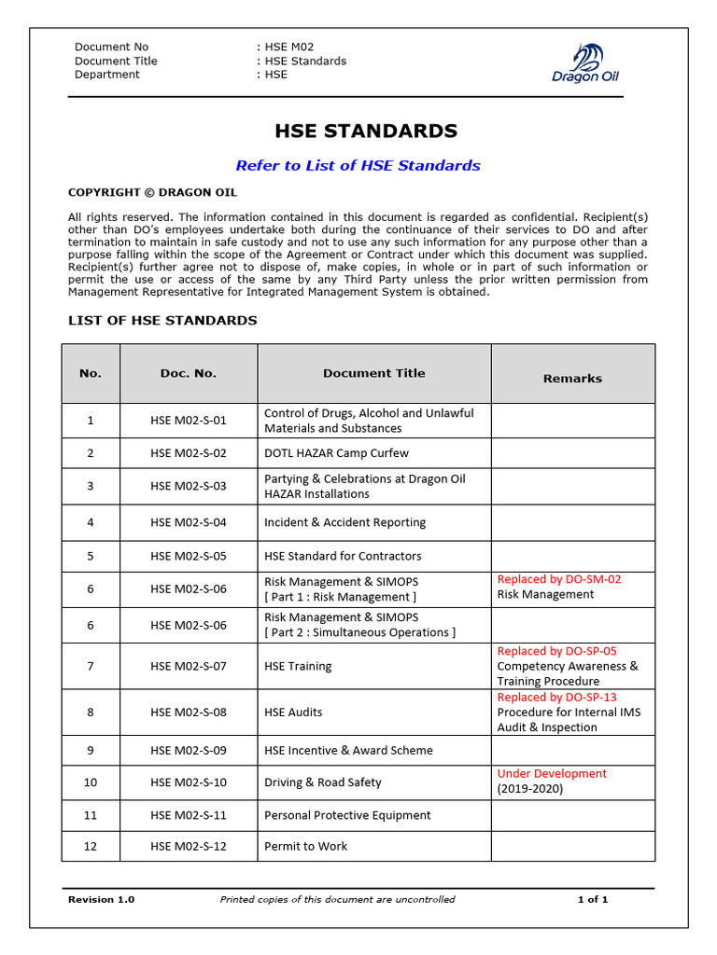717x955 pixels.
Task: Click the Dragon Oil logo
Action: click(x=585, y=63)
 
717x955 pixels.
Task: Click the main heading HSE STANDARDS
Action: click(x=365, y=131)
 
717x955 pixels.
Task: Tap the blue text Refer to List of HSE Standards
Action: click(x=358, y=166)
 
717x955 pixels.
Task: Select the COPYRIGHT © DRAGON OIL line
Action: click(x=152, y=193)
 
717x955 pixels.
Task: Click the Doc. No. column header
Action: click(x=188, y=373)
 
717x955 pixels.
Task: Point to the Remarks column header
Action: click(x=572, y=379)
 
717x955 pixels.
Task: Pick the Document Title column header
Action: click(x=373, y=373)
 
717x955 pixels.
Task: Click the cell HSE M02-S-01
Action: click(x=188, y=421)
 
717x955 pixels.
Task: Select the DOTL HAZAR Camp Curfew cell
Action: click(x=336, y=453)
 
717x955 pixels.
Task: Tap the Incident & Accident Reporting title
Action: click(x=344, y=522)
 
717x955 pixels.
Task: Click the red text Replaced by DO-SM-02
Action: click(x=559, y=579)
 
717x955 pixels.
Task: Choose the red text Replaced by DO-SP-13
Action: click(x=556, y=697)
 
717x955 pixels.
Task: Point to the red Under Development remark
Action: click(x=552, y=773)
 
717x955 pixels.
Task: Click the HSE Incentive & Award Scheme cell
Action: click(x=348, y=750)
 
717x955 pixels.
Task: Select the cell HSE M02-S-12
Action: click(x=188, y=846)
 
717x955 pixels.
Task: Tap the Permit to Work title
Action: click(x=305, y=846)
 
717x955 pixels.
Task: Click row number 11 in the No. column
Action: click(x=91, y=815)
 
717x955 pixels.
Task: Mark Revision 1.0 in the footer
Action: click(x=101, y=899)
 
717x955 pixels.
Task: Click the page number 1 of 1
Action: click(x=592, y=899)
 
